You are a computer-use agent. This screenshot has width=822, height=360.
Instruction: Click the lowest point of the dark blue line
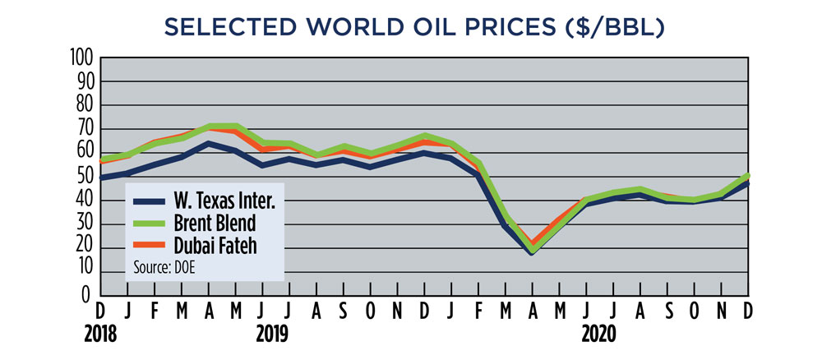pos(533,252)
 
